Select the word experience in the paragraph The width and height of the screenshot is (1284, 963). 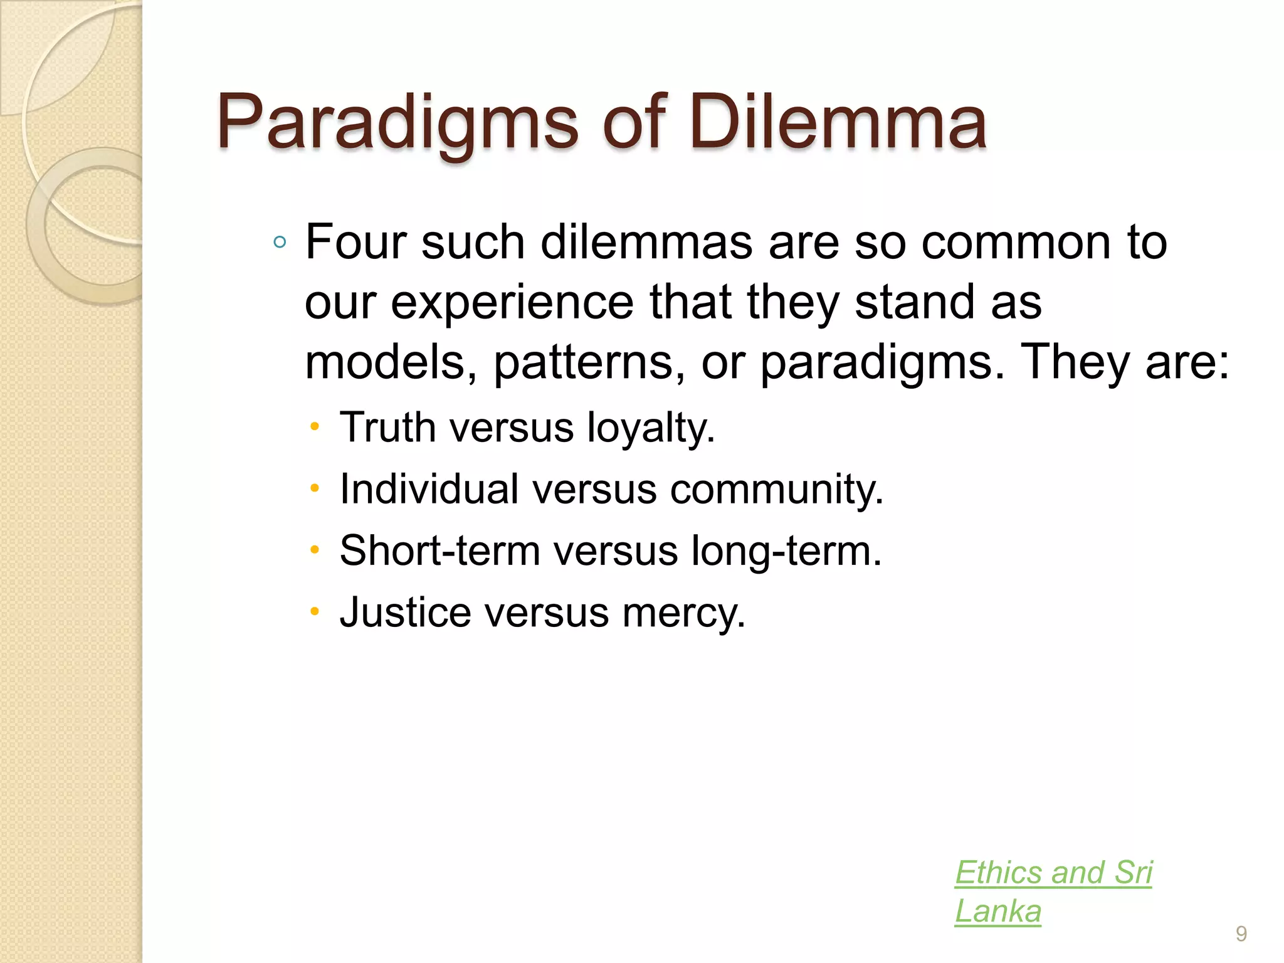pyautogui.click(x=512, y=303)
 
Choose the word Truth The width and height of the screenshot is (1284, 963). pyautogui.click(x=387, y=428)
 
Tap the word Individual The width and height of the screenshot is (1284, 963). pyautogui.click(x=429, y=489)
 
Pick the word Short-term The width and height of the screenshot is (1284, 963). pyautogui.click(x=439, y=550)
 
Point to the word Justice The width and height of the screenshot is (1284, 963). pyautogui.click(x=405, y=612)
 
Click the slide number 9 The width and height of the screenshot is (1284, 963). pyautogui.click(x=1241, y=934)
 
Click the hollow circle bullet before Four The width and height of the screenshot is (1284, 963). pyautogui.click(x=280, y=243)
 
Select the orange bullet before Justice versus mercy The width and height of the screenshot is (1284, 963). pyautogui.click(x=315, y=612)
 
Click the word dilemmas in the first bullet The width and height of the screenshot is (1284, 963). pyautogui.click(x=646, y=242)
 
